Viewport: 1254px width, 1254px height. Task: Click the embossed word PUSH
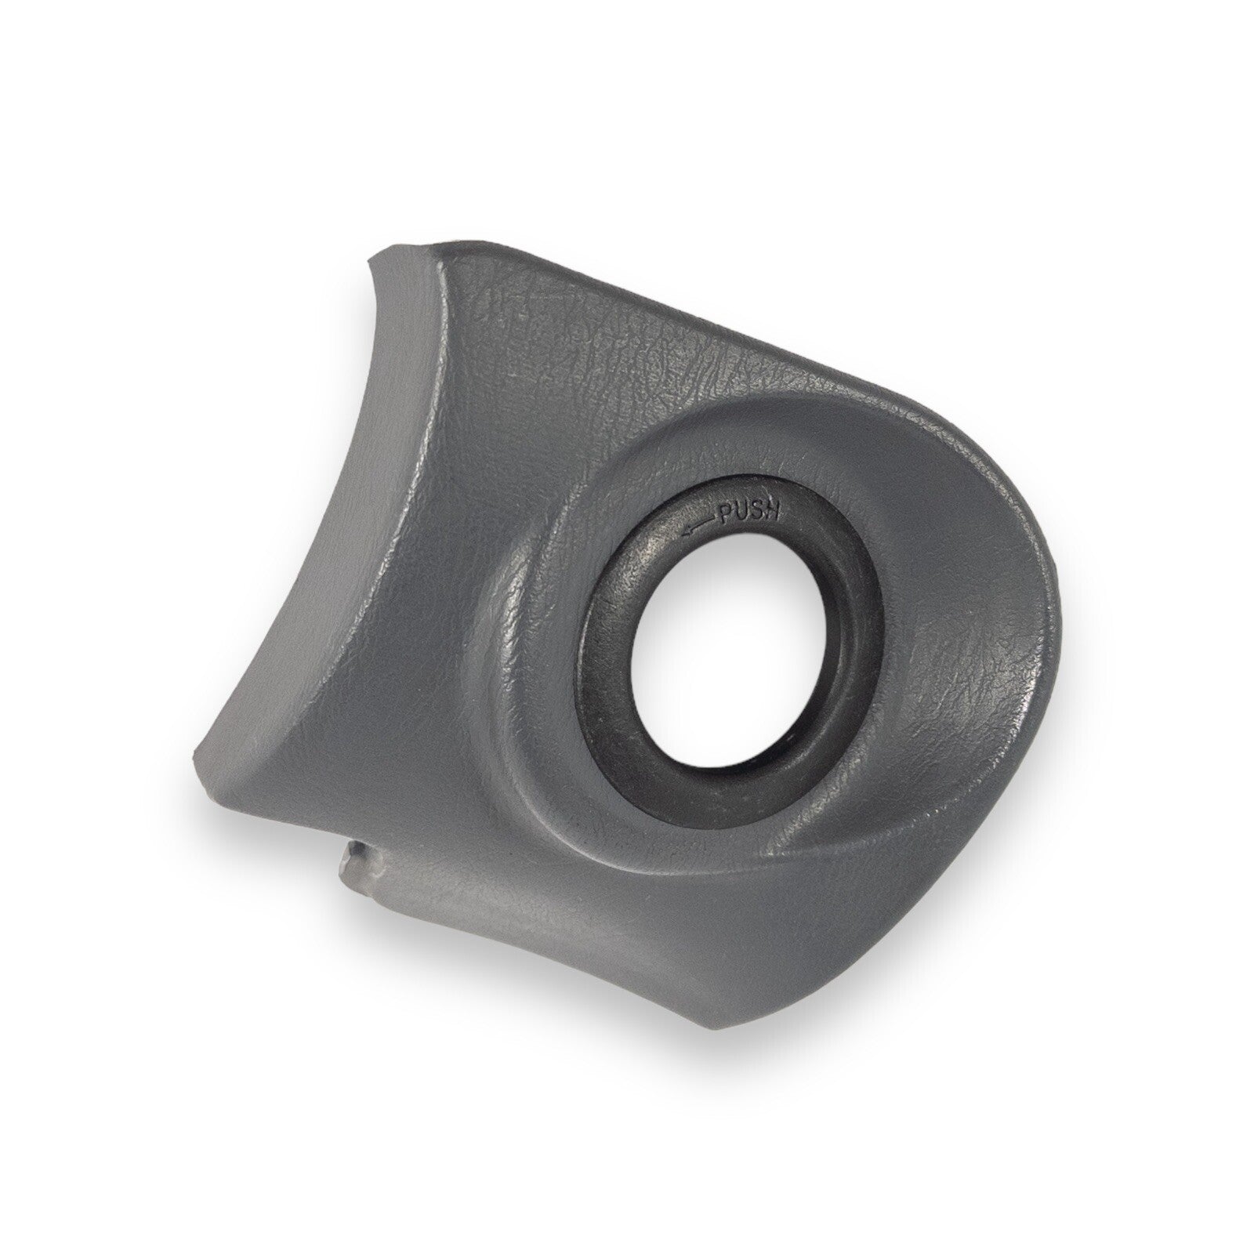coord(746,510)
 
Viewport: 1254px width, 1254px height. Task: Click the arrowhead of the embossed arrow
coord(687,531)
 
